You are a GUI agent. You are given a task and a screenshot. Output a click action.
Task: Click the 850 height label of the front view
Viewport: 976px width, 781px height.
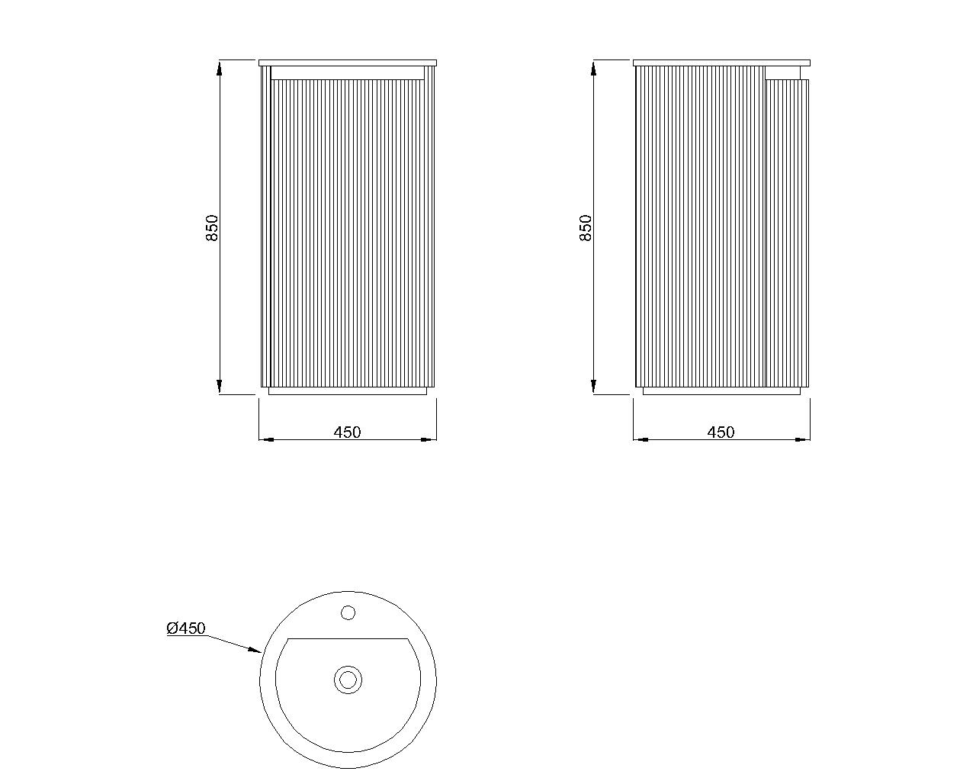click(212, 228)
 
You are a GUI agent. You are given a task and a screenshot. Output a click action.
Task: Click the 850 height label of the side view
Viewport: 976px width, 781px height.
click(586, 228)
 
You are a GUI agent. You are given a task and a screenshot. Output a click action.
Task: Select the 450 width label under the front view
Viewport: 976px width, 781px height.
click(348, 432)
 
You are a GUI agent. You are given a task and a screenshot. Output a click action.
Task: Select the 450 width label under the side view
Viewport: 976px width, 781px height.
click(721, 432)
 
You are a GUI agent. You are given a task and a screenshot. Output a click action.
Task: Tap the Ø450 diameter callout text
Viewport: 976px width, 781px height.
click(186, 628)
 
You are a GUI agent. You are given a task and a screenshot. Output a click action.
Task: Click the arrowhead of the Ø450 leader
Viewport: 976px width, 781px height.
click(255, 650)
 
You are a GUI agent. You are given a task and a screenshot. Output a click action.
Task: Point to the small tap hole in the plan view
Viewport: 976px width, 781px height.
click(348, 613)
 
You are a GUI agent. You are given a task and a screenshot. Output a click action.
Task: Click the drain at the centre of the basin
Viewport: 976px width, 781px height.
click(348, 680)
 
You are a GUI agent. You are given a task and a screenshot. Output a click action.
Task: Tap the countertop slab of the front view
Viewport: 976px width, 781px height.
click(348, 63)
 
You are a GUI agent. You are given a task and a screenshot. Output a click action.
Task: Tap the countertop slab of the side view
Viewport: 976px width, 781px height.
click(721, 63)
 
